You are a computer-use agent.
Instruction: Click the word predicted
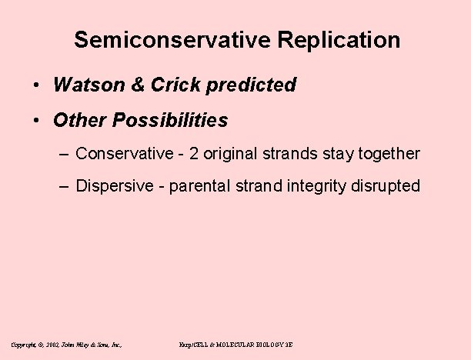coord(258,85)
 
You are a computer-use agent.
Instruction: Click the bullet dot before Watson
coord(37,86)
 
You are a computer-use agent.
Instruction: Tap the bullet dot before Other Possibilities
coord(37,122)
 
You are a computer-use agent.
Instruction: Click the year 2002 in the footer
coord(54,345)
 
